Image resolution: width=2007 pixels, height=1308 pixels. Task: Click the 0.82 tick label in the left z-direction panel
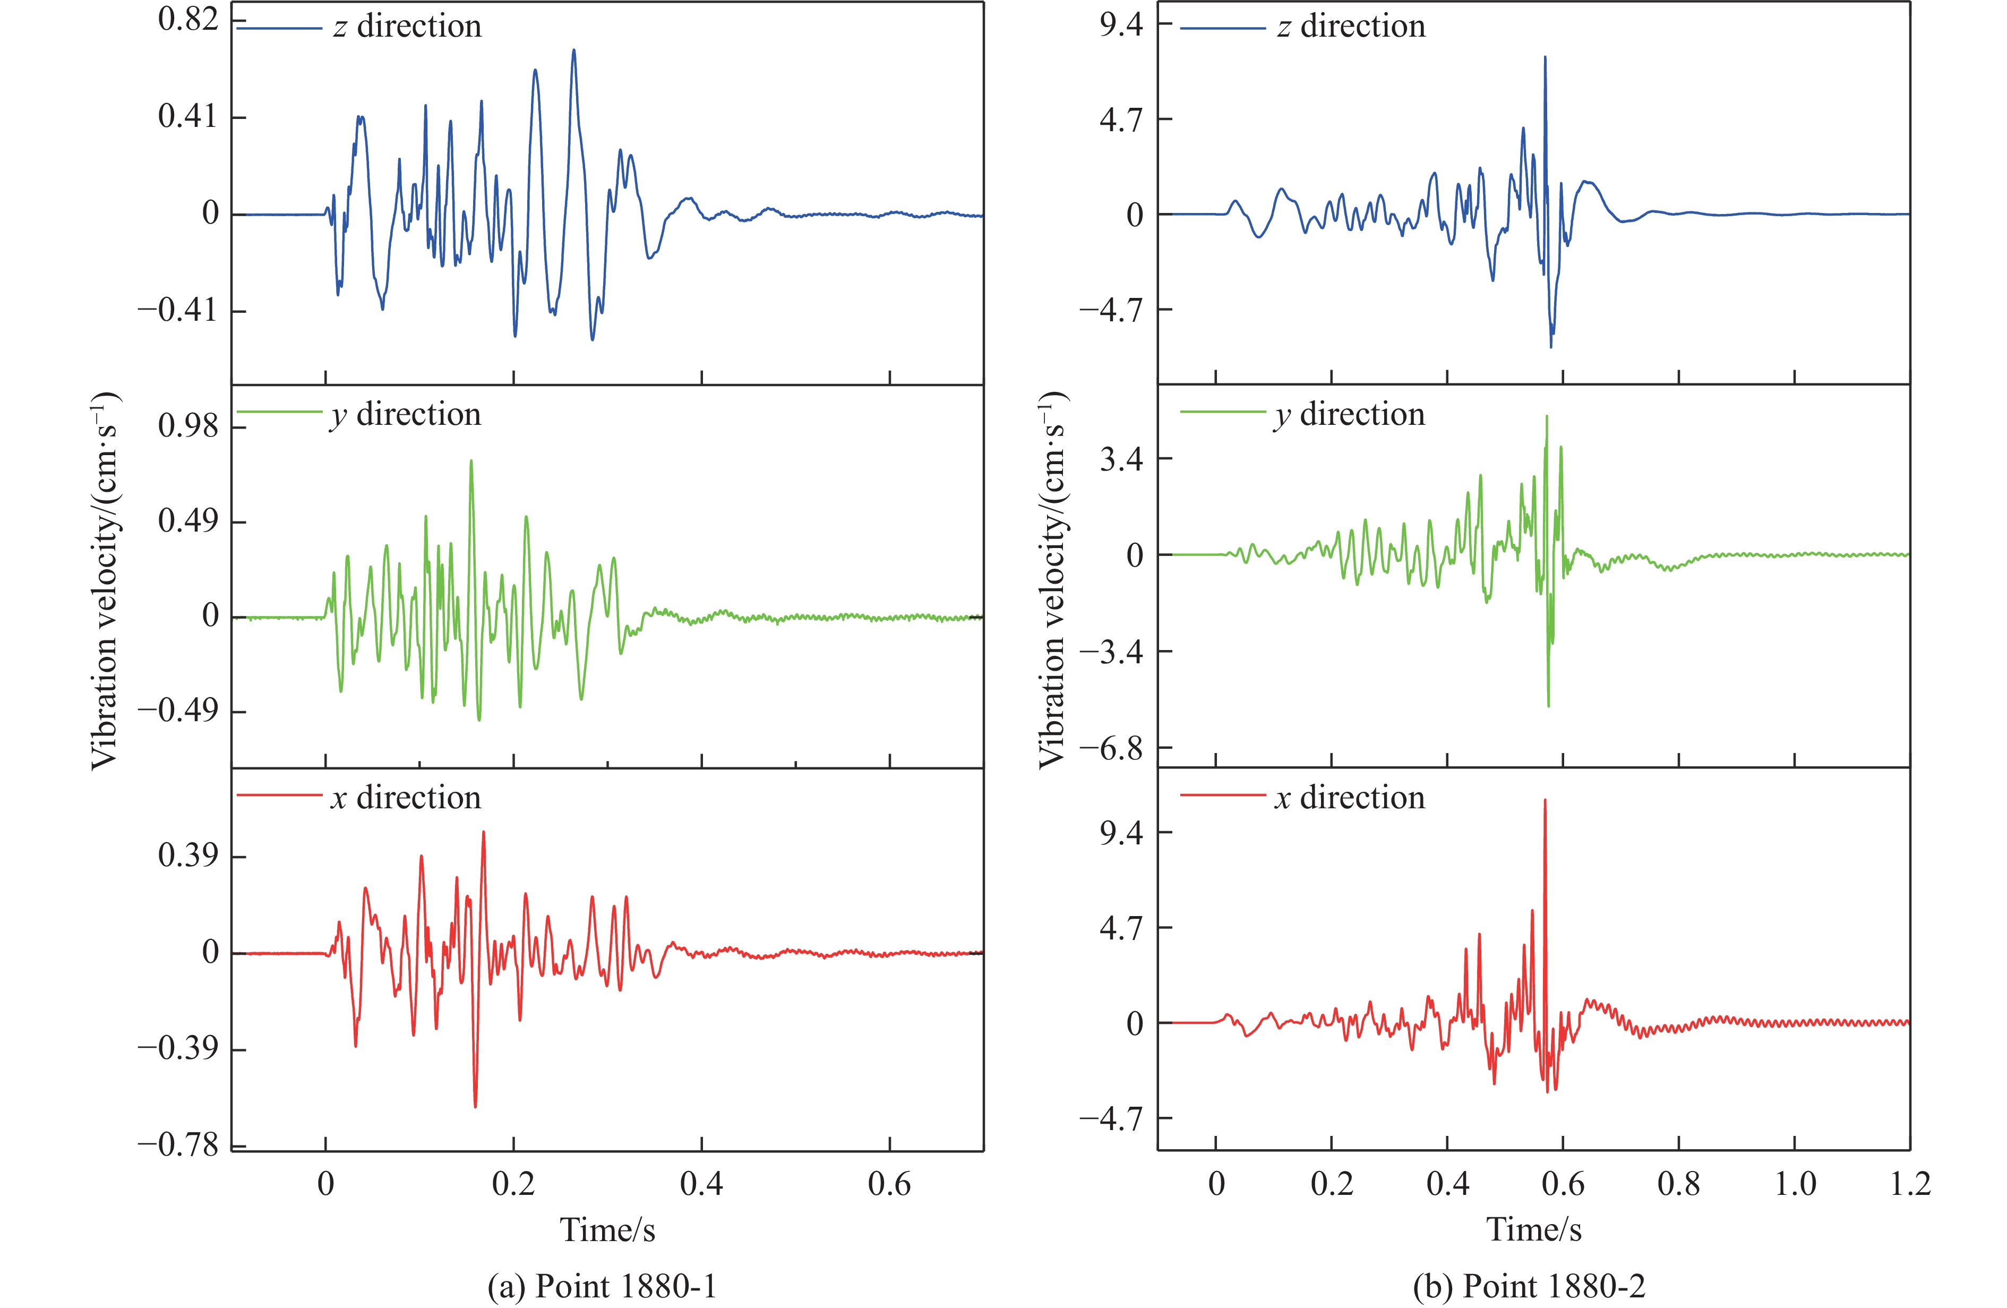(x=188, y=20)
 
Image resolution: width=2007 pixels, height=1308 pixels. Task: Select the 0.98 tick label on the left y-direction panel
(x=188, y=427)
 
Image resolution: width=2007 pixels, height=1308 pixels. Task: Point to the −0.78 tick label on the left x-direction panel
(x=177, y=1145)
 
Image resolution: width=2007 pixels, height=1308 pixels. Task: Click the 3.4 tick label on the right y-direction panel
(x=1121, y=459)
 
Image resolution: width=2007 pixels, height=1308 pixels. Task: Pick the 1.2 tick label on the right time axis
(x=1910, y=1184)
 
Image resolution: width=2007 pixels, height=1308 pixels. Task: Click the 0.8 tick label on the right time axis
(x=1678, y=1184)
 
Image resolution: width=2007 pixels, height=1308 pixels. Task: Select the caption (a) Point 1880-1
(x=602, y=1286)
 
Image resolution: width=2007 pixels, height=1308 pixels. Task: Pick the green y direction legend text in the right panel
(x=1349, y=414)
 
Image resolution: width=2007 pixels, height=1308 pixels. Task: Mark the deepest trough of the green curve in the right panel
(x=1548, y=706)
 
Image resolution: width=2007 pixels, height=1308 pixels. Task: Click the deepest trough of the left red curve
(x=476, y=1106)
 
